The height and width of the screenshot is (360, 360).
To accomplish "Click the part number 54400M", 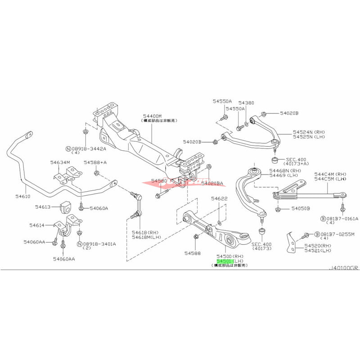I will [153, 116].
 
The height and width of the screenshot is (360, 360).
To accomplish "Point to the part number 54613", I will [45, 207].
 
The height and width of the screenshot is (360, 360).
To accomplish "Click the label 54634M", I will [59, 163].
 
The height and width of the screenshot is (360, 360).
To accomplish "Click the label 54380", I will [246, 103].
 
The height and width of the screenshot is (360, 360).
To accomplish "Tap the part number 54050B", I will [301, 208].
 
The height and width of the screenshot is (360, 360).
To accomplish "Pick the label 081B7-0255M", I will [337, 234].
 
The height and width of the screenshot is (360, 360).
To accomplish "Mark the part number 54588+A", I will [97, 163].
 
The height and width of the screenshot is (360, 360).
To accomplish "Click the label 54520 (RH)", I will [318, 246].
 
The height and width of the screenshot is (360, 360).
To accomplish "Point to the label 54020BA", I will [212, 184].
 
